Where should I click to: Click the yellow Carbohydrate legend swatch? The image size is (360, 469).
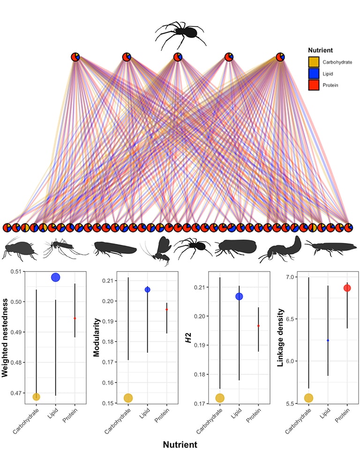point(314,62)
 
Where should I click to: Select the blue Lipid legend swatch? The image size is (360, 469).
point(314,74)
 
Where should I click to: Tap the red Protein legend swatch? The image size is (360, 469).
point(314,85)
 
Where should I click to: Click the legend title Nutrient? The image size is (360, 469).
point(320,50)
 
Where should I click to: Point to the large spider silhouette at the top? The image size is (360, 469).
point(180,34)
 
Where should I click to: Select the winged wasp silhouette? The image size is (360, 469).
point(157,250)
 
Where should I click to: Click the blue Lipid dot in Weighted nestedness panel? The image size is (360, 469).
point(56,277)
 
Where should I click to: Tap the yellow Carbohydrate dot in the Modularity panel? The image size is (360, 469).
point(128,398)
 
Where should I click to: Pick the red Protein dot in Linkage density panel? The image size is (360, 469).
point(347,288)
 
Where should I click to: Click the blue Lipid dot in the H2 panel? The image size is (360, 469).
point(239,296)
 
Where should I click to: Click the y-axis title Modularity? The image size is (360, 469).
point(96,337)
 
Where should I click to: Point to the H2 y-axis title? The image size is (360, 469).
point(188,338)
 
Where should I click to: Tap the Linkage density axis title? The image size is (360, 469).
point(280,338)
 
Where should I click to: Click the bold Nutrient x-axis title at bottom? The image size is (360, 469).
point(180,445)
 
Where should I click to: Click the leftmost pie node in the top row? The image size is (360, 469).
point(75,57)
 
